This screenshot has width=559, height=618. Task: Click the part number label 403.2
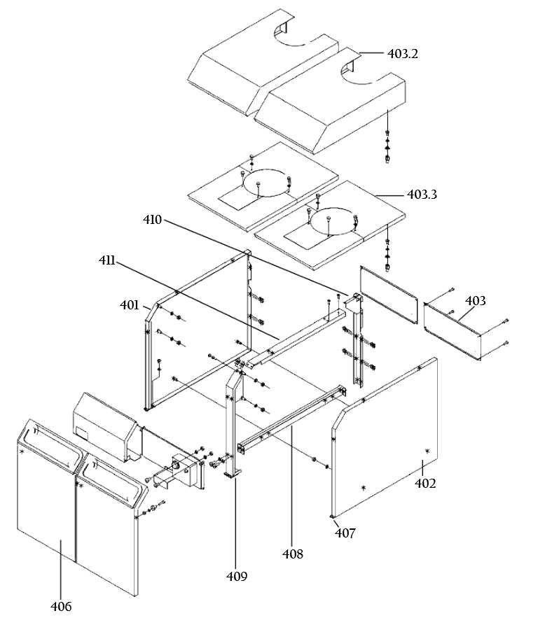tap(402, 54)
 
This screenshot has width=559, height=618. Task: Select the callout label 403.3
tap(422, 195)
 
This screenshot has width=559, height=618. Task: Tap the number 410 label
tap(152, 220)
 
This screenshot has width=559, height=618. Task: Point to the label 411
tap(107, 260)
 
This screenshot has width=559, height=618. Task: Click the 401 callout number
tap(130, 305)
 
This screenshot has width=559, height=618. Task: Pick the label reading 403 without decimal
tap(476, 301)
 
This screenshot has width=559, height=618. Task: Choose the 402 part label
tap(425, 483)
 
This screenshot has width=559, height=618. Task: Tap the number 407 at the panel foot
tap(345, 533)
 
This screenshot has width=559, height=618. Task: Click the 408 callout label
tap(292, 554)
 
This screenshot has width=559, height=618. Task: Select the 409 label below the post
tap(237, 576)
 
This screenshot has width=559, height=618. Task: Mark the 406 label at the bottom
tap(61, 606)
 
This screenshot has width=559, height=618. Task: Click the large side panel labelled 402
tap(385, 437)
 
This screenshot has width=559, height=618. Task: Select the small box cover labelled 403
tap(453, 331)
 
